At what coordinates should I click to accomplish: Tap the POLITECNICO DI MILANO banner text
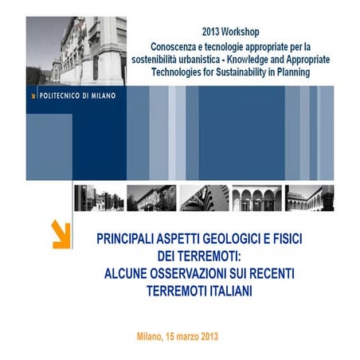79,94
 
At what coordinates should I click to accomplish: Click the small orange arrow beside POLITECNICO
33,94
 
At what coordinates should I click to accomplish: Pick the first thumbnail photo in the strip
96,198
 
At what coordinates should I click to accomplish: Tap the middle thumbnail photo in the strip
204,198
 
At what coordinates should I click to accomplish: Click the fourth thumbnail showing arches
256,198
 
